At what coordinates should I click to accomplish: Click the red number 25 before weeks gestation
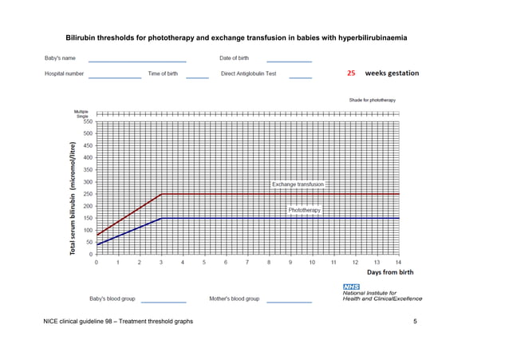click(x=351, y=73)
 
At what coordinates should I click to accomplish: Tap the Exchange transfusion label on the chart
click(x=298, y=184)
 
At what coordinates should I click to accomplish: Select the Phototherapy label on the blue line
click(x=304, y=210)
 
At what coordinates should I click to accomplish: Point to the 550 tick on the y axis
click(x=87, y=121)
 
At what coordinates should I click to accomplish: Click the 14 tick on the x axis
click(x=398, y=262)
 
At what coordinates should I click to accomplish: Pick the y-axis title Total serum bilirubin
click(x=73, y=200)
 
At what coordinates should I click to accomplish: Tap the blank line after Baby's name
click(x=137, y=61)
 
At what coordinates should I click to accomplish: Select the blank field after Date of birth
click(x=289, y=61)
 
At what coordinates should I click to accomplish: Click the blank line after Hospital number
click(x=115, y=77)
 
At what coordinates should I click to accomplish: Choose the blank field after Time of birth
click(x=197, y=77)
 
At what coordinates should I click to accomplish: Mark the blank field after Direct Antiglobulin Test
click(x=300, y=77)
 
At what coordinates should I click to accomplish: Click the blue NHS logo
click(x=351, y=287)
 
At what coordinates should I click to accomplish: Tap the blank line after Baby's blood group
click(x=163, y=302)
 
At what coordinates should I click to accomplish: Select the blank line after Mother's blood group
click(x=289, y=302)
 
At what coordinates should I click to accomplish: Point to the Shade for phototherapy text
click(x=373, y=100)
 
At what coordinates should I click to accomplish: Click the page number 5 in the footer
click(x=416, y=321)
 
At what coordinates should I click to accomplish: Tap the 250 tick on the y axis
click(x=87, y=194)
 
